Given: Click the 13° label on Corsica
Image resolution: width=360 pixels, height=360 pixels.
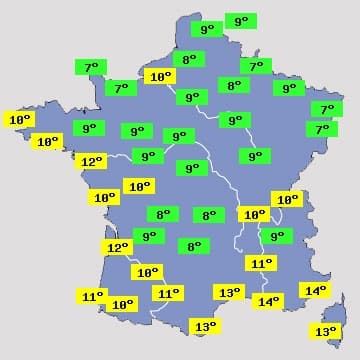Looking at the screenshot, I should pos(326,332).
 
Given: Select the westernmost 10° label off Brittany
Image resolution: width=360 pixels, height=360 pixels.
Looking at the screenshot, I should pos(20,120).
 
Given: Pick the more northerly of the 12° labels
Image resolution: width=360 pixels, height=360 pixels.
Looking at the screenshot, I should pos(92,161).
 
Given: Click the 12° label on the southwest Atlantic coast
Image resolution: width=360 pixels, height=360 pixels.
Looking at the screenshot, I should pos(118,247).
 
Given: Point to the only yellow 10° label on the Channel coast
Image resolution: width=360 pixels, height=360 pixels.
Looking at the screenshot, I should pos(159,76).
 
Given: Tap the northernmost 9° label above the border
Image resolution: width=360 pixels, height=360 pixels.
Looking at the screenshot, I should pos(240,21).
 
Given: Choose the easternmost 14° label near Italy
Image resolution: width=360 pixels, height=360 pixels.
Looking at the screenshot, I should pos(314,290).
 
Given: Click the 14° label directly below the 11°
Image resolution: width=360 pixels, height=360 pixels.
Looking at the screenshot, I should pos(268,301).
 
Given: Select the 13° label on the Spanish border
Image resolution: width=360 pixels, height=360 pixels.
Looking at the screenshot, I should pos(204,326).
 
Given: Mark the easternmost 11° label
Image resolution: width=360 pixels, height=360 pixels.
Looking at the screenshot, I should pos(261,263).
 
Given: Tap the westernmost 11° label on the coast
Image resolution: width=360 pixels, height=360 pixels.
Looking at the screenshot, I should pos(92,296).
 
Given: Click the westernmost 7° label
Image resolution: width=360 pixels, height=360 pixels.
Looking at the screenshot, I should pos(91,68).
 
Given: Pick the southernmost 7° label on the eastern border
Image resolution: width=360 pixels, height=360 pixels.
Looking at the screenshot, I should pos(321,129).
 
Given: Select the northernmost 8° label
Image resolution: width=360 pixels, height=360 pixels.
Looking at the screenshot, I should pos(188,59).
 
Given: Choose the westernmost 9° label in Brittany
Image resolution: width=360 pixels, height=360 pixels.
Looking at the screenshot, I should pos(88,128).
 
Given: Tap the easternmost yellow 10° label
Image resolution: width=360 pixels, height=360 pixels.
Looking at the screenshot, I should pos(287,199).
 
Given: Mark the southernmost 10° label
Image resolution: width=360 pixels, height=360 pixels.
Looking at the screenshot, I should pos(122,304).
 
